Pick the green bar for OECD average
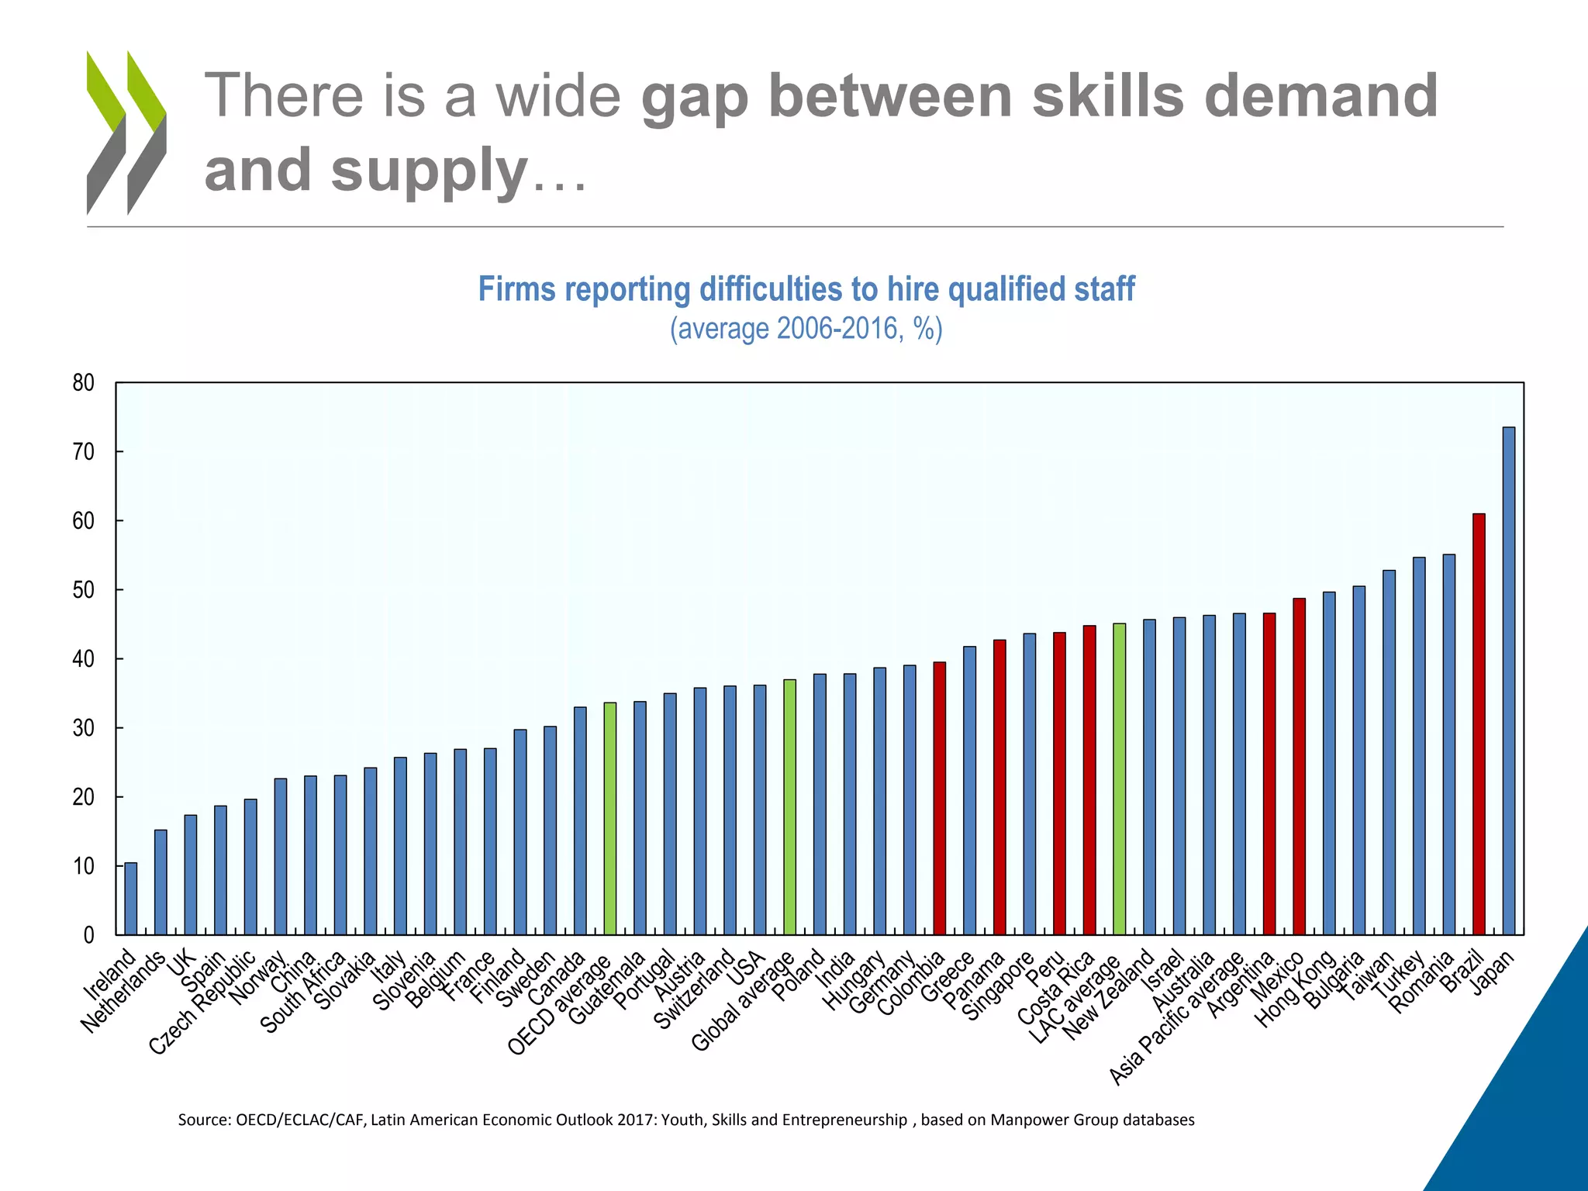(610, 818)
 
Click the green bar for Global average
(789, 806)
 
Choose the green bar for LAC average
(1119, 778)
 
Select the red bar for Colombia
(939, 798)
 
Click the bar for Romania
(1448, 744)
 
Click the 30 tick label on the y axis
(84, 728)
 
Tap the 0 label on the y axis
(88, 935)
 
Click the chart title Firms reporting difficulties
(806, 289)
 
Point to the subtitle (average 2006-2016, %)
(806, 329)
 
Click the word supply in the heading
(429, 170)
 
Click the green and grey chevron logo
(126, 133)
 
